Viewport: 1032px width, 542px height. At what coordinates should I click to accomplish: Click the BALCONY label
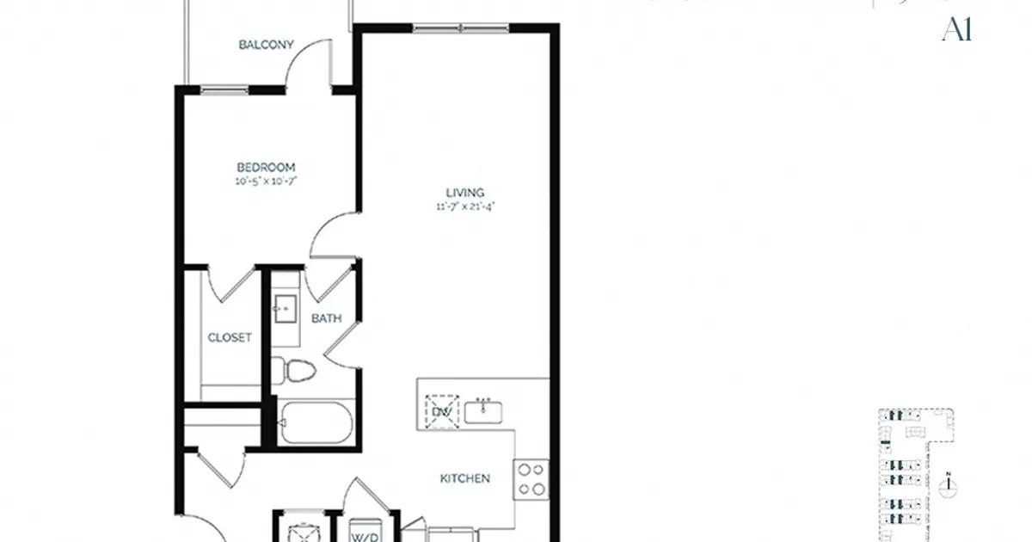267,45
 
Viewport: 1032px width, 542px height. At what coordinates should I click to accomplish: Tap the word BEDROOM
267,167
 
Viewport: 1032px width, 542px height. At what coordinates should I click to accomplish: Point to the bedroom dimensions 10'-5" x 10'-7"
267,182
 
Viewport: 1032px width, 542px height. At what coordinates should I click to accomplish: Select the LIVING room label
465,193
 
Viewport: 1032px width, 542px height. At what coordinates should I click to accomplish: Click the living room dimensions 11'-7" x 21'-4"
465,206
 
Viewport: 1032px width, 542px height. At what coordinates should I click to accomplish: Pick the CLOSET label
230,338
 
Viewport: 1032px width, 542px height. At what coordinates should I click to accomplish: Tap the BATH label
326,318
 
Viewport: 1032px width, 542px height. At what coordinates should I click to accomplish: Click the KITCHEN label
464,478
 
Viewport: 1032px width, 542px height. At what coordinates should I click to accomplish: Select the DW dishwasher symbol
442,412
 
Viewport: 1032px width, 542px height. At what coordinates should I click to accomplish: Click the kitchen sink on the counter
485,411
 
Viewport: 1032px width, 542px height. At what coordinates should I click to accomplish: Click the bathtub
315,422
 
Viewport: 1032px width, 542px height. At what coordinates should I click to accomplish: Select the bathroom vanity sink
285,308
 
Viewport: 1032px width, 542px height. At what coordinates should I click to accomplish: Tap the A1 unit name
956,30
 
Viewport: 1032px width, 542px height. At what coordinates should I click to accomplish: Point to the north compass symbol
949,487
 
